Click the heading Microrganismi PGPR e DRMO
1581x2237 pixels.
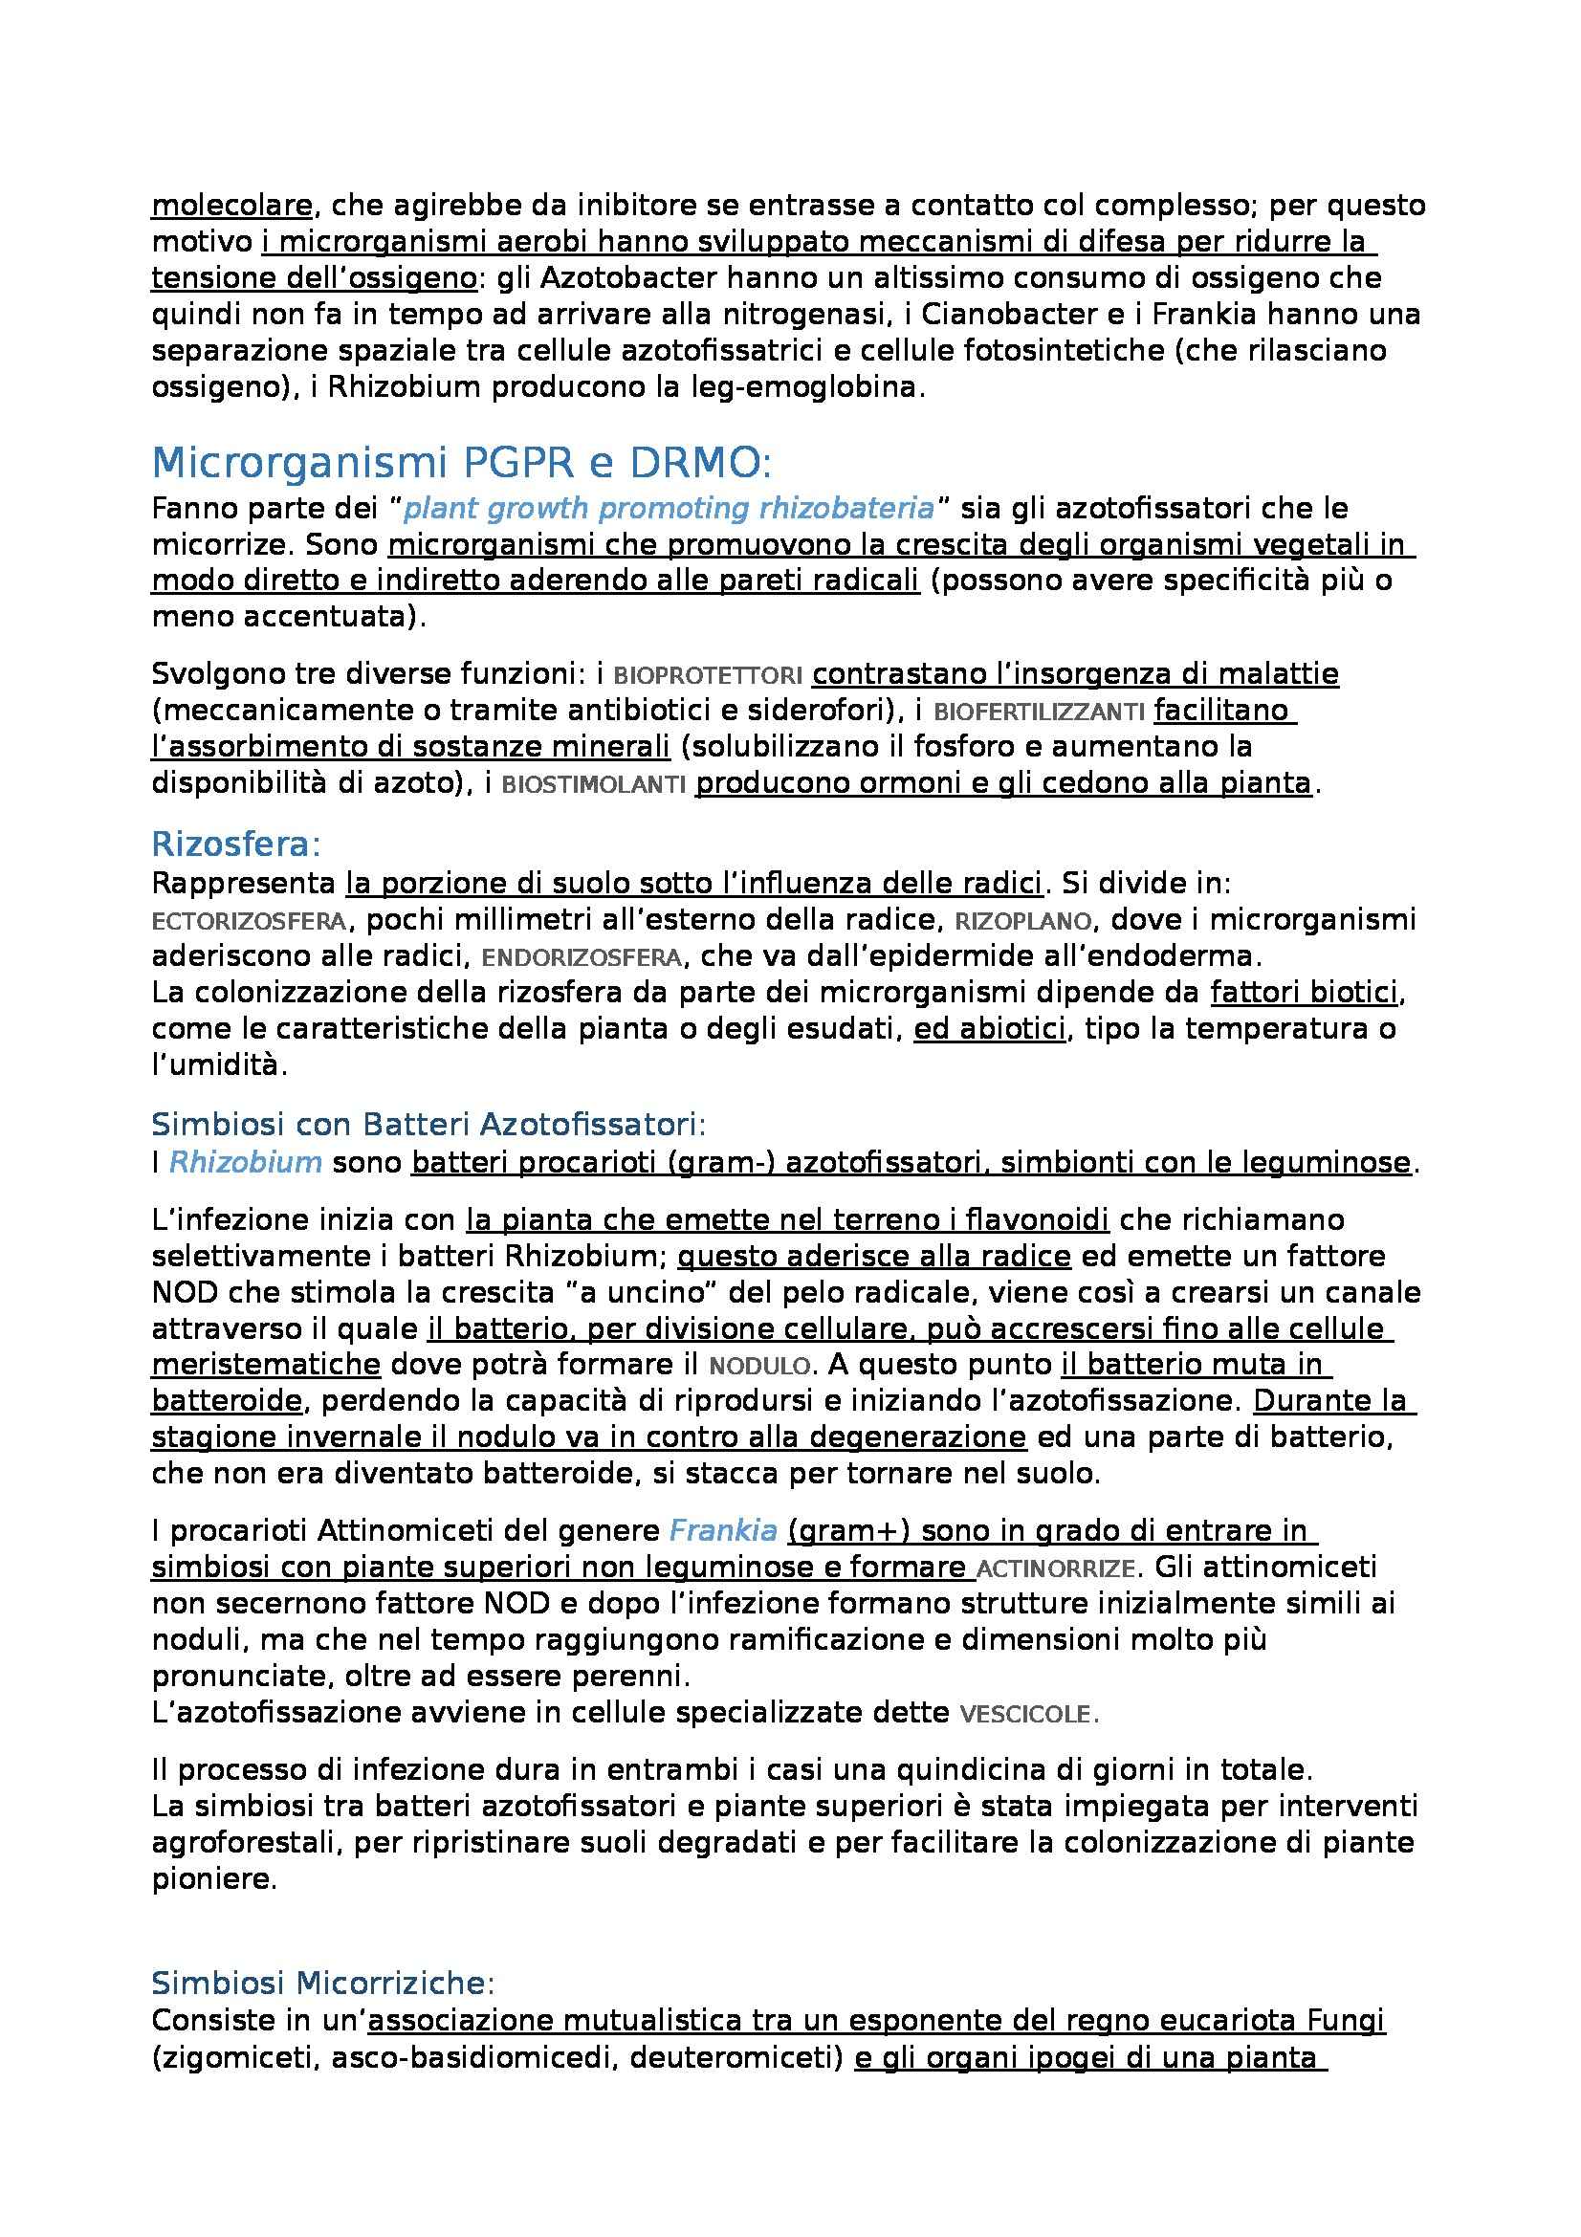(x=461, y=464)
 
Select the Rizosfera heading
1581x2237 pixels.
(x=235, y=843)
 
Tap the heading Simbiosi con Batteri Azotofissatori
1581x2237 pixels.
(x=428, y=1125)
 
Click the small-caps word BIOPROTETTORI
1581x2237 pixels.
(x=708, y=675)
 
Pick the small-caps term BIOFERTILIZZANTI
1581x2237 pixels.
(x=1039, y=713)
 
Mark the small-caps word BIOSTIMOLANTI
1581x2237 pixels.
(x=593, y=785)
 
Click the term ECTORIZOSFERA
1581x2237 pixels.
(x=249, y=922)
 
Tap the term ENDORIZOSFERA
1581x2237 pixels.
(x=582, y=958)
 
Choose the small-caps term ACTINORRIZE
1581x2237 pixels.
(x=1055, y=1569)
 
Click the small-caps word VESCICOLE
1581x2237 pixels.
(x=1029, y=1716)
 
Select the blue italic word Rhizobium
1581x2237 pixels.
(x=246, y=1162)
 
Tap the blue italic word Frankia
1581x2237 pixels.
(x=723, y=1531)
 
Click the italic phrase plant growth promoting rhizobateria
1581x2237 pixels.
(x=669, y=509)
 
